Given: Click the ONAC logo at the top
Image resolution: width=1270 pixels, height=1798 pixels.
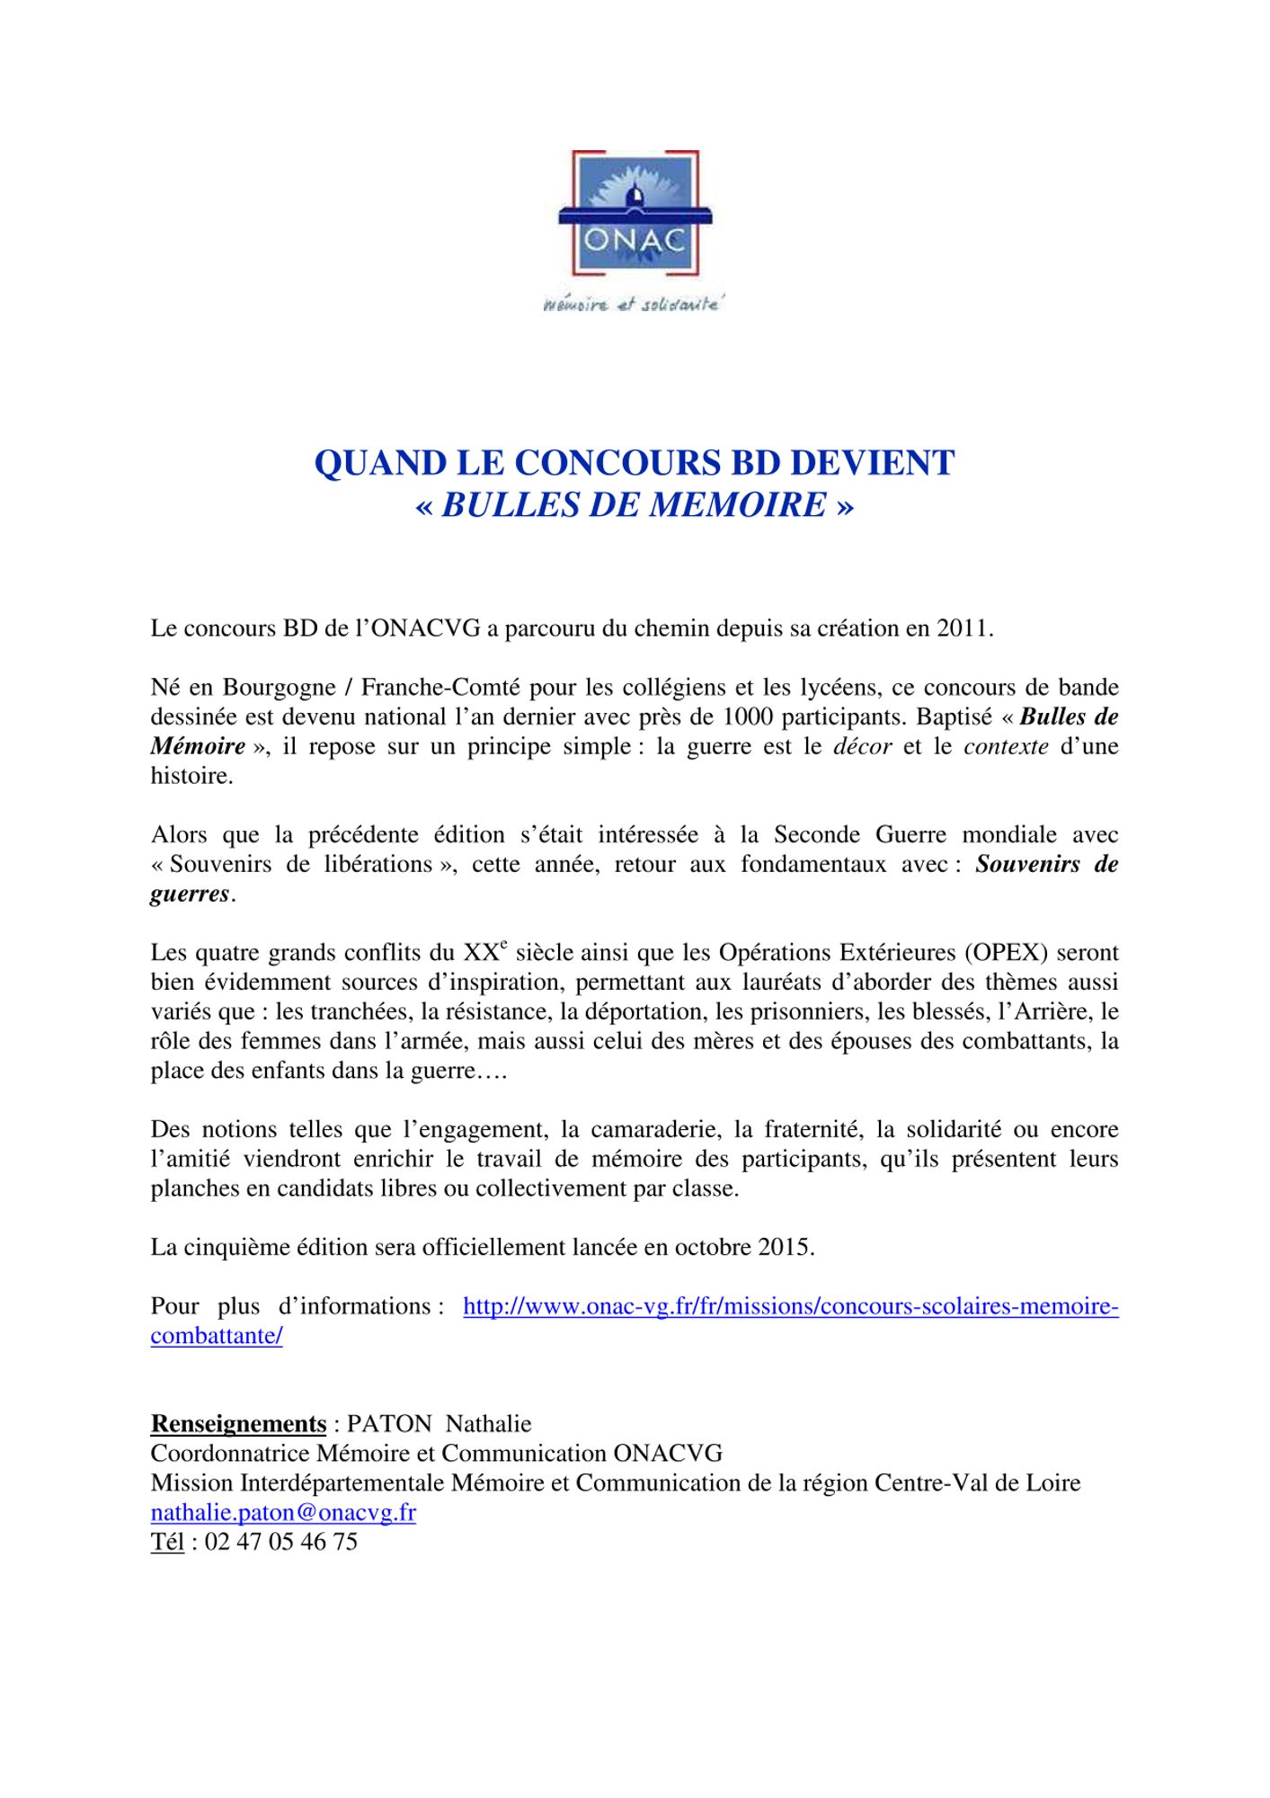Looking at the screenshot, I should tap(635, 214).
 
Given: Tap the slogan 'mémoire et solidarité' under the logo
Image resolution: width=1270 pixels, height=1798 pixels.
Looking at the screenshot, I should tap(634, 306).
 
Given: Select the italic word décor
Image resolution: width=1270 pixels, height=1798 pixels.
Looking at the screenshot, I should tap(863, 747).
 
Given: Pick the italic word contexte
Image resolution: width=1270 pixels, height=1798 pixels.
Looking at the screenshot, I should tap(1006, 747).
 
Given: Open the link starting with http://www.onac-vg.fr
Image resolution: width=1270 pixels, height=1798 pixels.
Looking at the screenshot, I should tap(790, 1306).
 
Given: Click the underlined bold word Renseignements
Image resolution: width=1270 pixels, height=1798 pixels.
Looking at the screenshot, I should tap(238, 1424).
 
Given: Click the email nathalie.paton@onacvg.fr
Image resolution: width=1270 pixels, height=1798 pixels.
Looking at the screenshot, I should tap(283, 1513).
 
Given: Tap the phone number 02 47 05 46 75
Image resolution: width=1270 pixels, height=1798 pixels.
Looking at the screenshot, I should tap(281, 1543).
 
